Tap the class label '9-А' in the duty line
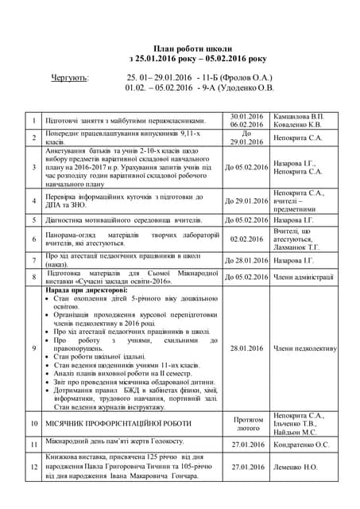(212, 87)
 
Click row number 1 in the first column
(34, 120)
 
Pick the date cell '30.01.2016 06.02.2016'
(246, 120)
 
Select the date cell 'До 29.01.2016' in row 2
(246, 138)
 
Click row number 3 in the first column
(34, 167)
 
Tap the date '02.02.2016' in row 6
(246, 239)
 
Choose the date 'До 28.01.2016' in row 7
(246, 260)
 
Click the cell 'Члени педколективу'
(305, 348)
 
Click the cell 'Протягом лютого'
(246, 423)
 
